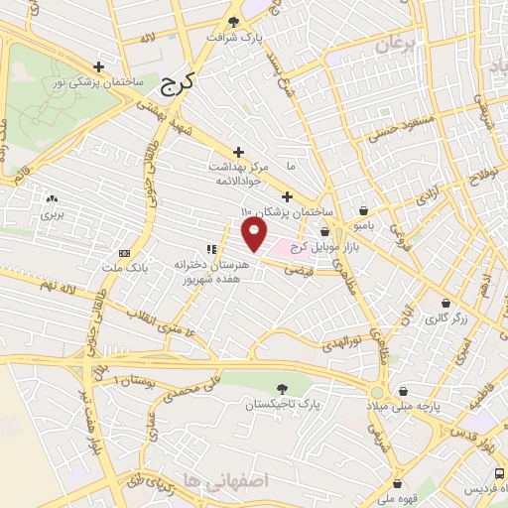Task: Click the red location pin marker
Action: [256, 235]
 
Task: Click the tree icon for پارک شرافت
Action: [233, 21]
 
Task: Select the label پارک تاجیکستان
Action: [285, 405]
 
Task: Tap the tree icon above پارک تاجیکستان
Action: [285, 388]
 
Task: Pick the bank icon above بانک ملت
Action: [124, 252]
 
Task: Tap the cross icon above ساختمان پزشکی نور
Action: [96, 64]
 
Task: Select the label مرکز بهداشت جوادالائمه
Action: [236, 174]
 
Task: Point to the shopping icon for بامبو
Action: [365, 210]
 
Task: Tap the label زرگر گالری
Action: [438, 319]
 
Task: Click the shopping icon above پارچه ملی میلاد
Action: [404, 391]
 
